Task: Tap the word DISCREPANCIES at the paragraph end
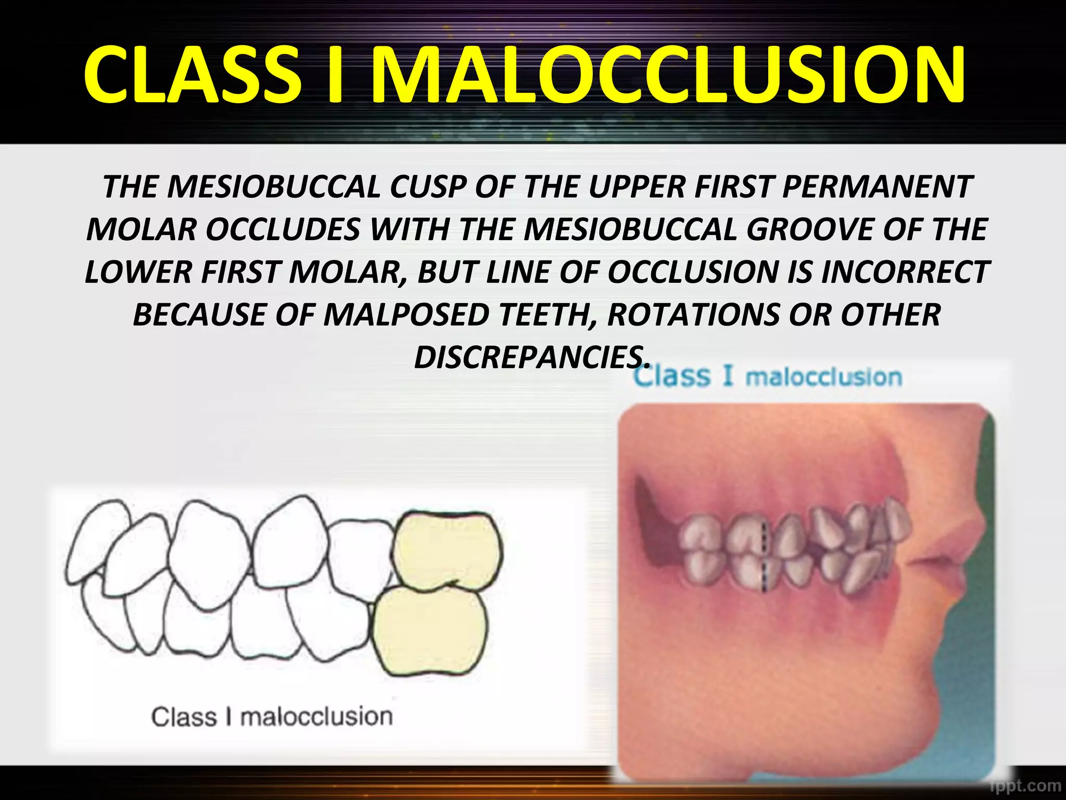531,358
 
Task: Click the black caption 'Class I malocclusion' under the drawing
272,717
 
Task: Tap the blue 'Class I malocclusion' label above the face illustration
767,377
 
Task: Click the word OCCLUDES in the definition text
283,230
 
